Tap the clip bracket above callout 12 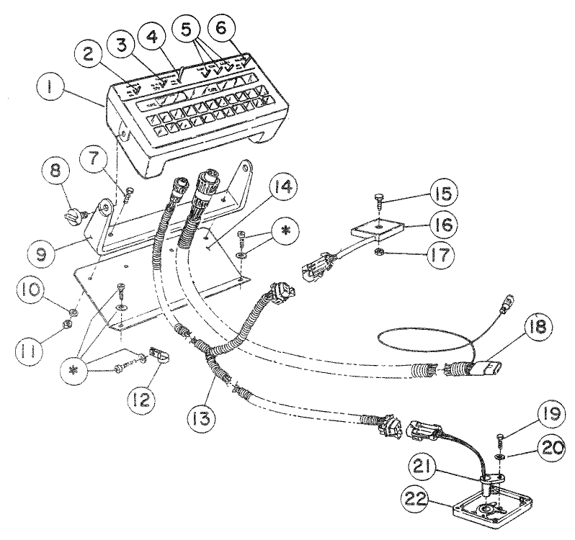pyautogui.click(x=156, y=356)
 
